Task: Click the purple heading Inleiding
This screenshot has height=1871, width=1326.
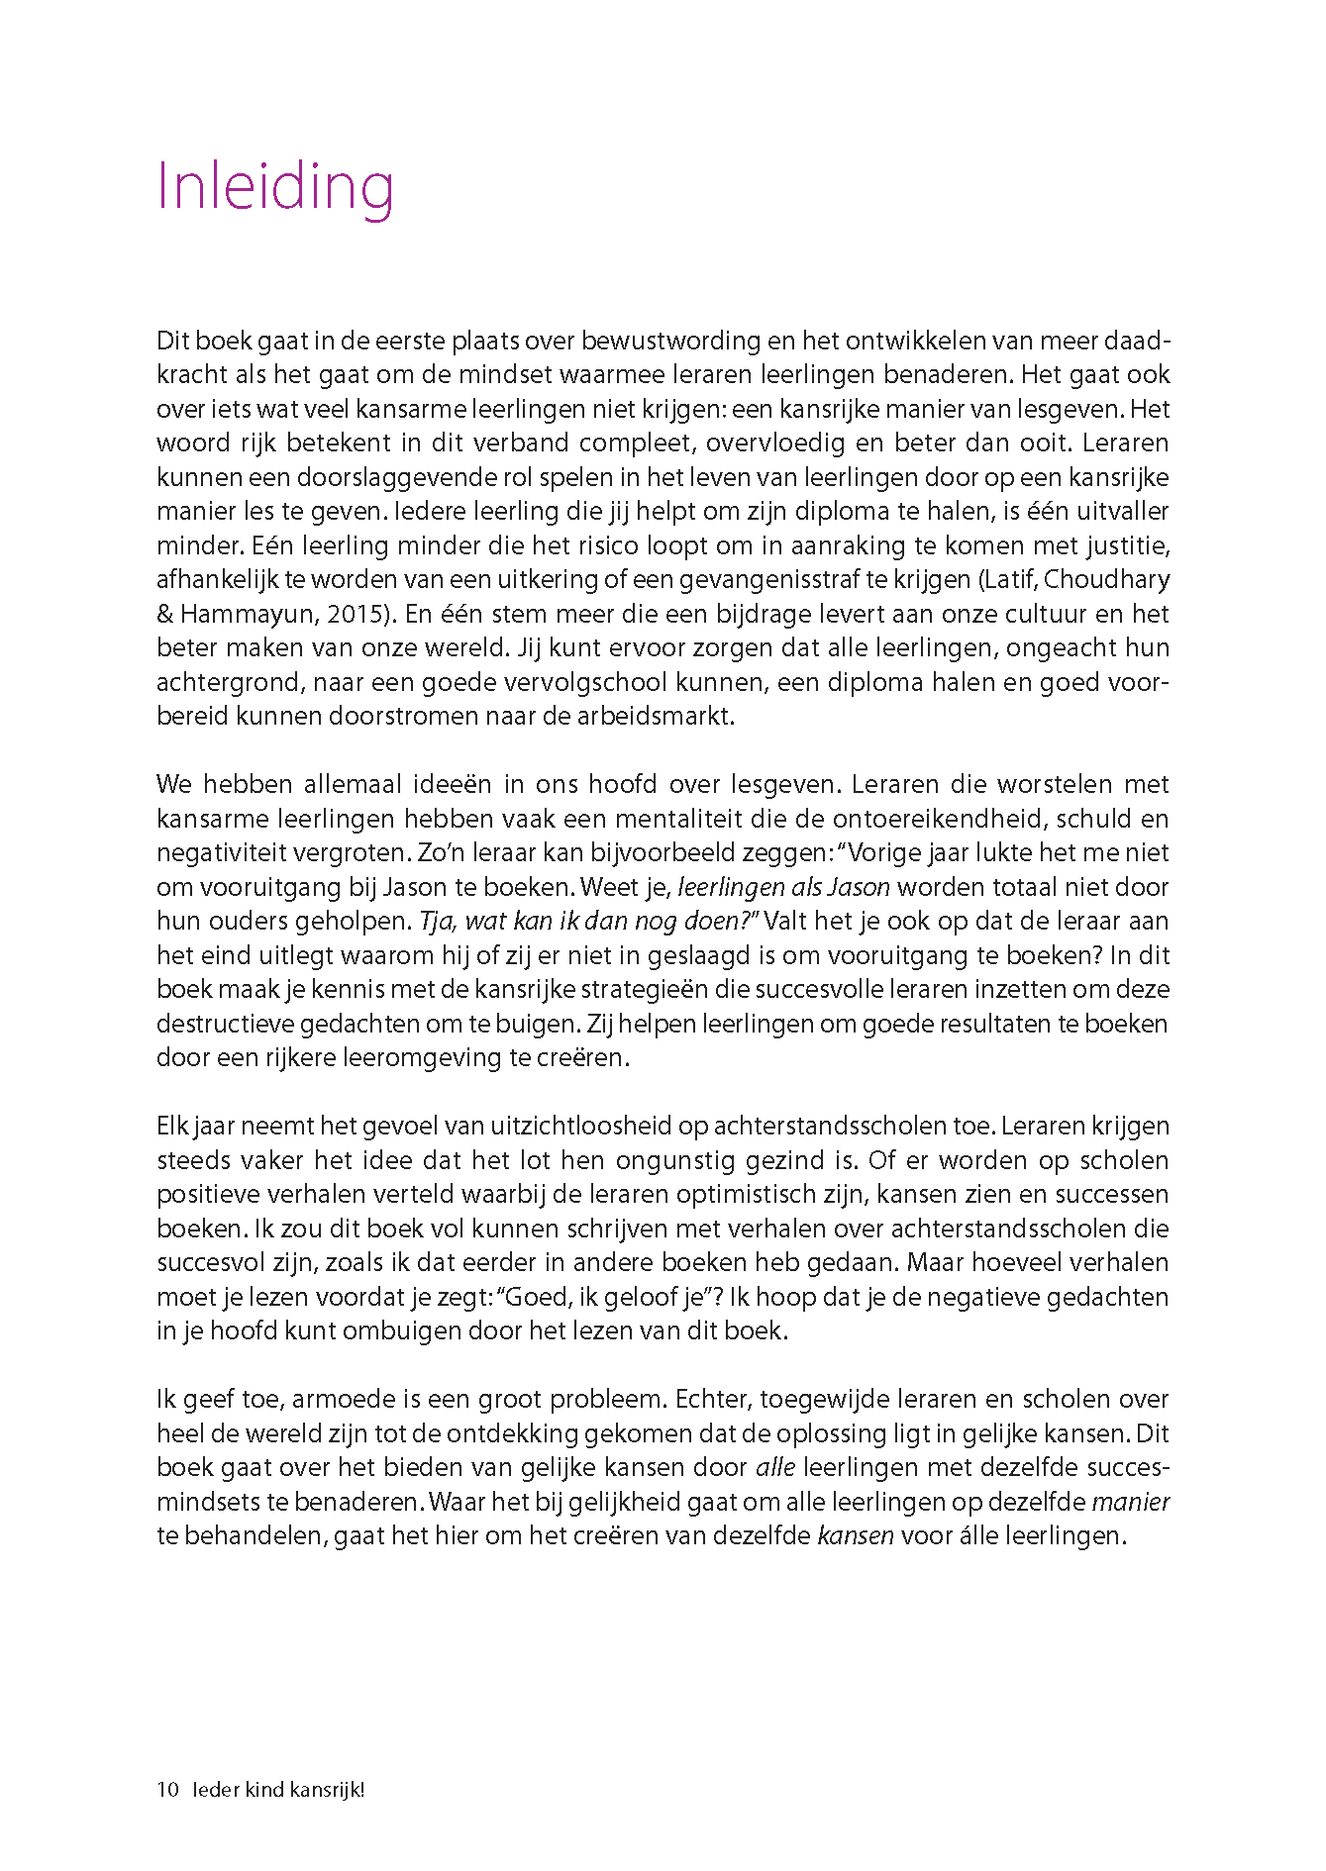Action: pos(275,187)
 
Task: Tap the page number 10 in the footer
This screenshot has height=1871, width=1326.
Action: pos(167,1790)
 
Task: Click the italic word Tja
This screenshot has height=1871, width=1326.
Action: pos(437,922)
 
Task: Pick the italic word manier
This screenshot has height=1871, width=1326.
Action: pos(1130,1503)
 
